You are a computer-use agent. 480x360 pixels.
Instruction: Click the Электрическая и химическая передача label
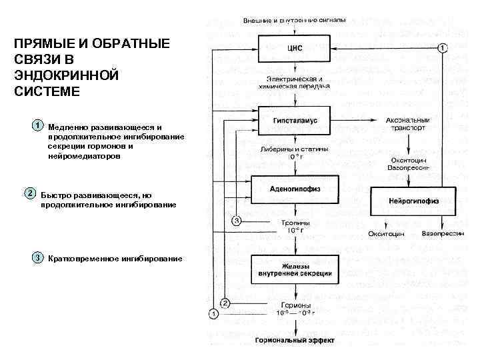pyautogui.click(x=294, y=83)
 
